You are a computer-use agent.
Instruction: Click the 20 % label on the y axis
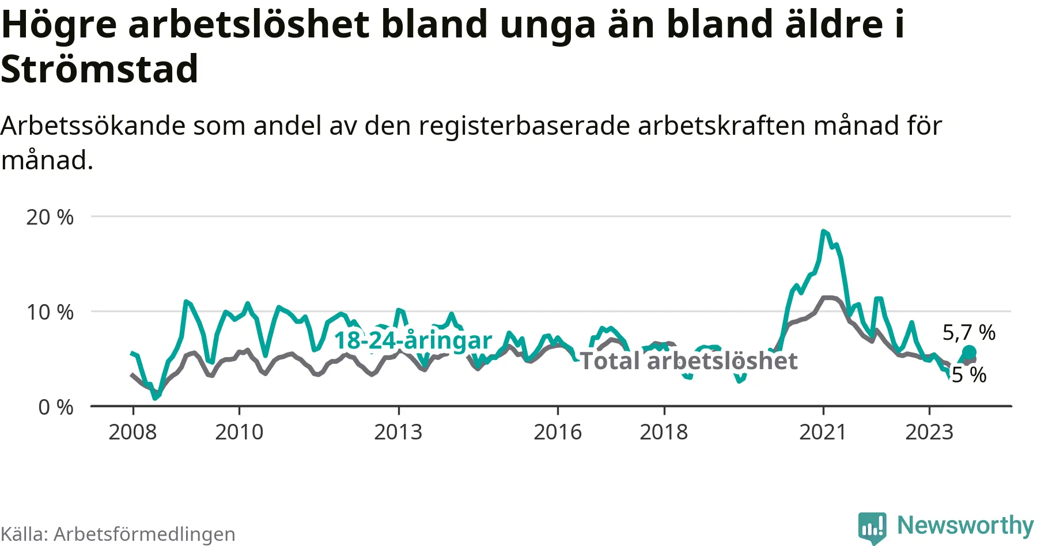(x=50, y=217)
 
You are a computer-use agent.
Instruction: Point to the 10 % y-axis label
(x=50, y=312)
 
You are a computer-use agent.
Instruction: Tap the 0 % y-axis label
(x=55, y=407)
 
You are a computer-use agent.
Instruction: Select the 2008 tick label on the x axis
(x=133, y=432)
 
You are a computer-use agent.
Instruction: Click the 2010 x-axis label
(x=239, y=432)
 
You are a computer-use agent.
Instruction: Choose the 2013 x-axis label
(x=398, y=432)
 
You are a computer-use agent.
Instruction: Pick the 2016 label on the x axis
(x=558, y=432)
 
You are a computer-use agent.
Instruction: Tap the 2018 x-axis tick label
(x=664, y=432)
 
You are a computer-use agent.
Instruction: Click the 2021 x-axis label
(x=823, y=432)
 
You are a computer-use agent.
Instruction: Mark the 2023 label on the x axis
(x=929, y=432)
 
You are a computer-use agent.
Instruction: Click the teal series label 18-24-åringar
(x=413, y=340)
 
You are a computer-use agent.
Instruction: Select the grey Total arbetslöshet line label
(x=688, y=361)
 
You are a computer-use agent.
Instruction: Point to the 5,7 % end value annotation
(x=969, y=332)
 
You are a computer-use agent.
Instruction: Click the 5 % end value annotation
(x=969, y=375)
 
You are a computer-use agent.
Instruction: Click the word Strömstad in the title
(x=100, y=69)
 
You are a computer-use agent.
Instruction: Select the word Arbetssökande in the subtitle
(x=93, y=126)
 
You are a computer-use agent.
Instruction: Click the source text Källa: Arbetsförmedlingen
(x=118, y=534)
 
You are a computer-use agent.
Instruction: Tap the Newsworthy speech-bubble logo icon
(x=872, y=526)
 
